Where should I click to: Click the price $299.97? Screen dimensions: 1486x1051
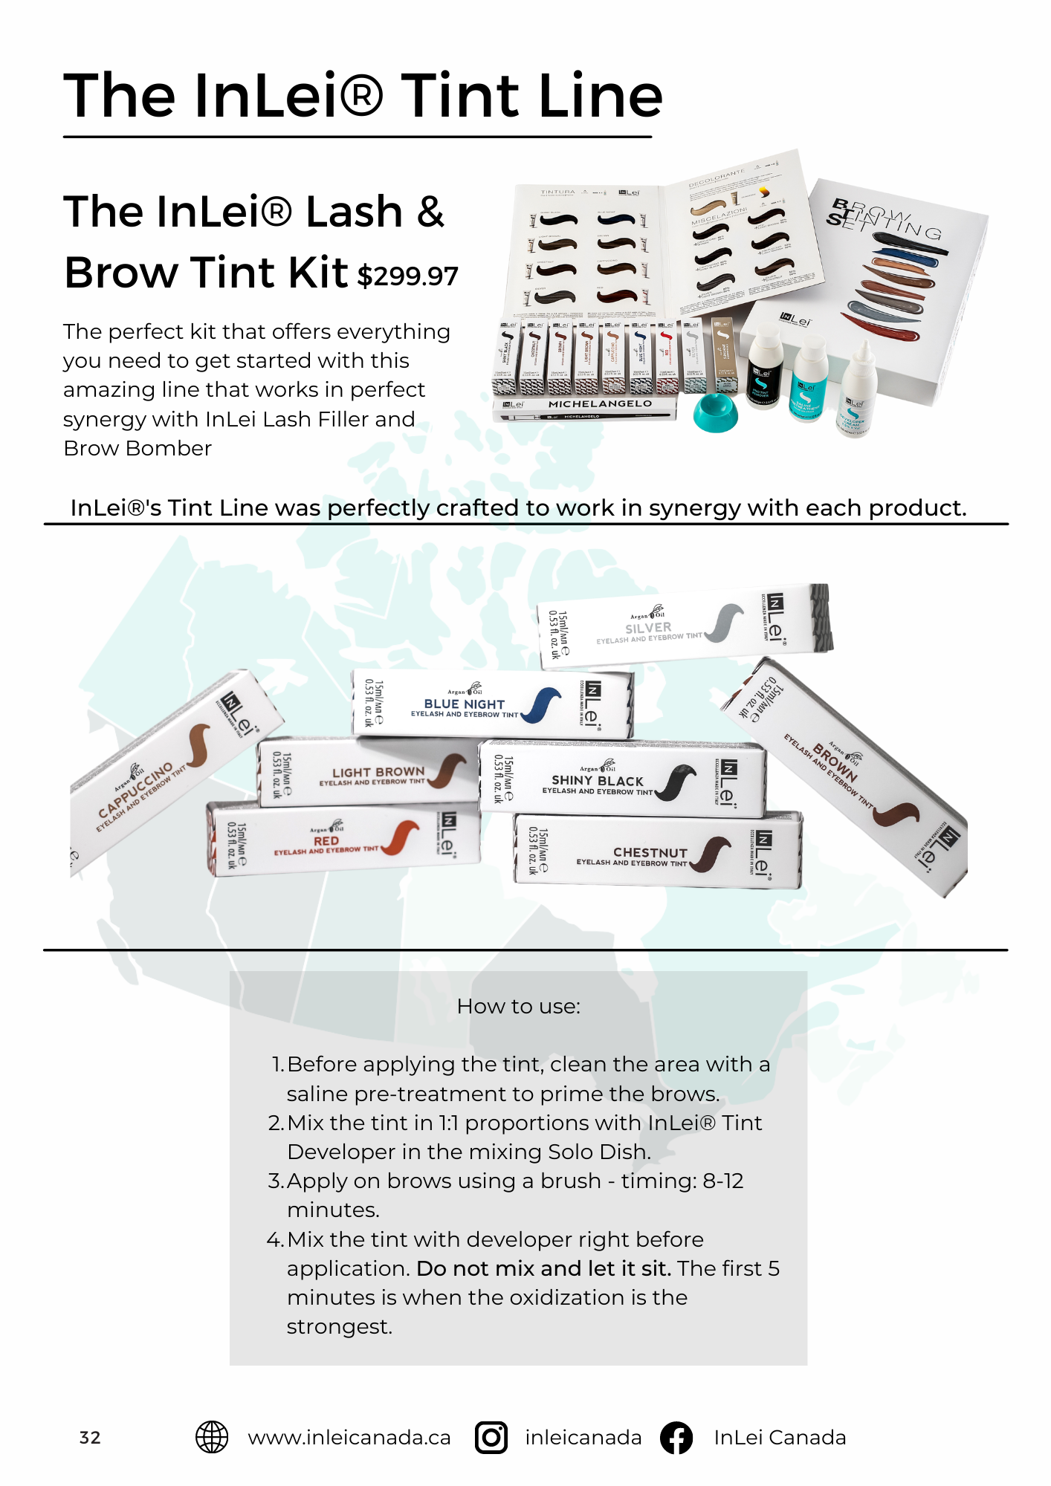pyautogui.click(x=408, y=276)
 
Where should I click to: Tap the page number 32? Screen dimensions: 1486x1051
pyautogui.click(x=90, y=1438)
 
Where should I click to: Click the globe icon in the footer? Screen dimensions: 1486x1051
pyautogui.click(x=212, y=1437)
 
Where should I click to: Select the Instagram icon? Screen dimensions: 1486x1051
pyautogui.click(x=491, y=1437)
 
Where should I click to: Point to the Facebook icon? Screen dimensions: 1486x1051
pyautogui.click(x=676, y=1437)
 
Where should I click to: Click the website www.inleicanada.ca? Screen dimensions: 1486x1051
pyautogui.click(x=349, y=1438)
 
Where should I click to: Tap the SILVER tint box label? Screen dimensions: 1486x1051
pyautogui.click(x=648, y=628)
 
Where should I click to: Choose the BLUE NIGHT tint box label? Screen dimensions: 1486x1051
pyautogui.click(x=465, y=704)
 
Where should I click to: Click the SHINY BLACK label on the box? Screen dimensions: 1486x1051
pyautogui.click(x=598, y=781)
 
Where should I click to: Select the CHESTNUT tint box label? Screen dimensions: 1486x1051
pyautogui.click(x=650, y=853)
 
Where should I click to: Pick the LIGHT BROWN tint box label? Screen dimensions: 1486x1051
pyautogui.click(x=378, y=773)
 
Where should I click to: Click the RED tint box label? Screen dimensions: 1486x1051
pyautogui.click(x=326, y=841)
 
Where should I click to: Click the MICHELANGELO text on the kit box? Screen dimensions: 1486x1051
pyautogui.click(x=600, y=404)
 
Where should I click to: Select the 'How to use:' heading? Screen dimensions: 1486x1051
pyautogui.click(x=519, y=1007)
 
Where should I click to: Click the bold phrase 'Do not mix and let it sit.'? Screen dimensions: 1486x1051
pyautogui.click(x=543, y=1268)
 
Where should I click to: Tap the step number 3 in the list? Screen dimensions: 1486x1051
pyautogui.click(x=274, y=1181)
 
